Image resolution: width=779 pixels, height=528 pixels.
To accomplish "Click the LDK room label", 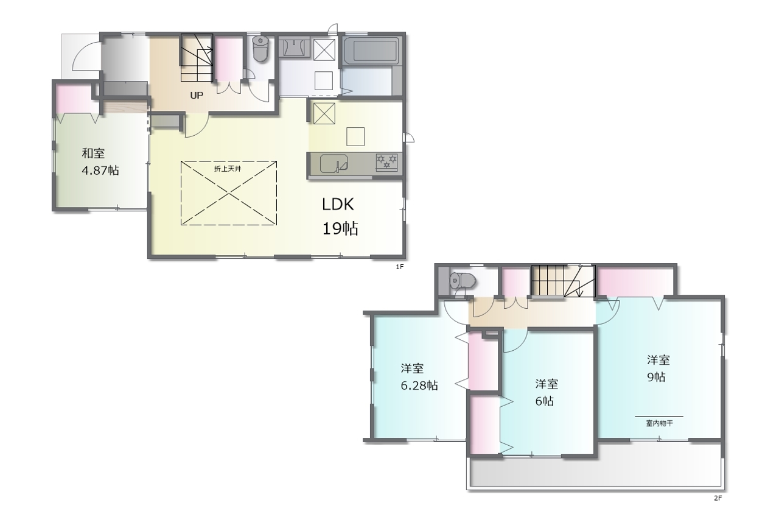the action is pyautogui.click(x=338, y=205).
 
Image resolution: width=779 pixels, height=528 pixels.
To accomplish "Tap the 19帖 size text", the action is pyautogui.click(x=340, y=228).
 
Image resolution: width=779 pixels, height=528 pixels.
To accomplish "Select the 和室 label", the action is pyautogui.click(x=93, y=153).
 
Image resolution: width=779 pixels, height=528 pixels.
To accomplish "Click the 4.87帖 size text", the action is pyautogui.click(x=100, y=171).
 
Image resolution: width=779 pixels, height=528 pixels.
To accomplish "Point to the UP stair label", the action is pyautogui.click(x=197, y=96).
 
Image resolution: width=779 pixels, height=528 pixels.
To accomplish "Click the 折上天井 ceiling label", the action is pyautogui.click(x=228, y=169).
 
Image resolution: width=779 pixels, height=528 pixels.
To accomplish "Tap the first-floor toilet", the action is pyautogui.click(x=260, y=49).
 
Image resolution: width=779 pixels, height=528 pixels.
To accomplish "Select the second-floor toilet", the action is pyautogui.click(x=463, y=281).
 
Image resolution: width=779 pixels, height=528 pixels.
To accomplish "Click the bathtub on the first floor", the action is pyautogui.click(x=371, y=51).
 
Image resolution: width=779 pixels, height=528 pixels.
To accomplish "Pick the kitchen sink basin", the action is pyautogui.click(x=334, y=164).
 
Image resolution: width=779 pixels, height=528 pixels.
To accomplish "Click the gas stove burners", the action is pyautogui.click(x=386, y=162).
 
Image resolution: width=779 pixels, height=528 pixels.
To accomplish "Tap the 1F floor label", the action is pyautogui.click(x=400, y=267).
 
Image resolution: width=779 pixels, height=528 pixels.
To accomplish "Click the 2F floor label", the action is pyautogui.click(x=718, y=498).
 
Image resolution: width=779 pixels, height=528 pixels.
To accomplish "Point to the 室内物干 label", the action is pyautogui.click(x=659, y=424).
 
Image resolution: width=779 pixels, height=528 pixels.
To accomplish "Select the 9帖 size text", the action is pyautogui.click(x=656, y=377).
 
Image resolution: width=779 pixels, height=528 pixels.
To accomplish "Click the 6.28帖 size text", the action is pyautogui.click(x=419, y=385).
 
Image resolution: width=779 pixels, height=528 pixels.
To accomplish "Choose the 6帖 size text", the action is pyautogui.click(x=544, y=401).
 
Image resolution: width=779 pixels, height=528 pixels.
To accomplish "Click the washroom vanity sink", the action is pyautogui.click(x=294, y=48).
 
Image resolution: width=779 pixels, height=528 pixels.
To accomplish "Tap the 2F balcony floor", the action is pyautogui.click(x=595, y=471).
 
